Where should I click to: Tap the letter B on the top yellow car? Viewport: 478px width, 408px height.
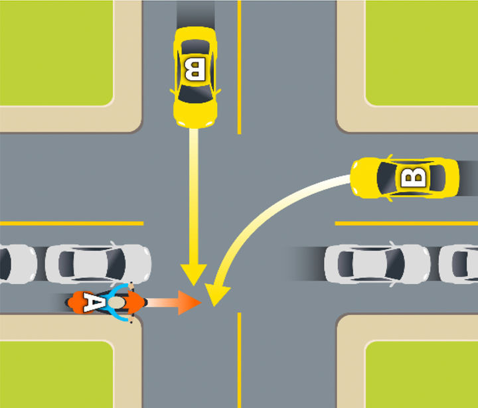click(194, 69)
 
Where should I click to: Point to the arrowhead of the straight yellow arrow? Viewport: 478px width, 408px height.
click(195, 275)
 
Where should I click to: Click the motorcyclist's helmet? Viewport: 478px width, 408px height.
click(117, 303)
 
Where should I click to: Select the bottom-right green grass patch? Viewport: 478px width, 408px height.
click(422, 374)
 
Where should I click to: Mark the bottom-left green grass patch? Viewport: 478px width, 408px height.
click(56, 374)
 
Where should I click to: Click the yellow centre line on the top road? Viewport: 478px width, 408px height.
click(239, 66)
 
